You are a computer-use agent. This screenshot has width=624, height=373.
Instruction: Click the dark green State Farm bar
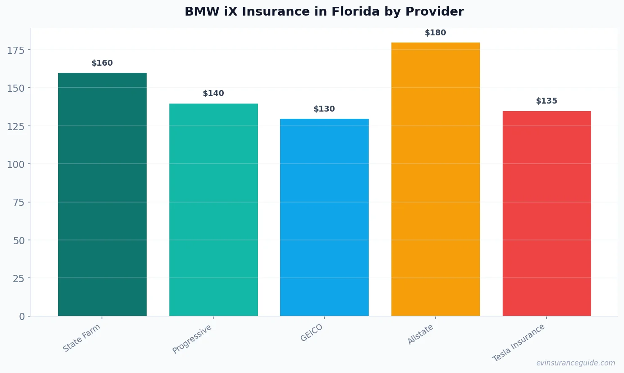click(102, 194)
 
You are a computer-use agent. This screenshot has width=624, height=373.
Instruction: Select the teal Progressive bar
click(213, 210)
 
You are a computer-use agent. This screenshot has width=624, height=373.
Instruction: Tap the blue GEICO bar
click(324, 217)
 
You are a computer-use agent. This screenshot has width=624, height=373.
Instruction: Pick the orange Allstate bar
click(435, 179)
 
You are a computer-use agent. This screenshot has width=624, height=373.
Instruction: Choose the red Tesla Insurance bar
click(546, 213)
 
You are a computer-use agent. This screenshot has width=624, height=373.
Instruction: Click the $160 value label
click(102, 63)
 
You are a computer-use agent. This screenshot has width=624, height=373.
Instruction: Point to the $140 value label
click(213, 93)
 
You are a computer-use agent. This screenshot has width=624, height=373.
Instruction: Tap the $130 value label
click(324, 109)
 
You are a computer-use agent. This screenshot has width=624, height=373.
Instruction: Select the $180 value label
click(435, 33)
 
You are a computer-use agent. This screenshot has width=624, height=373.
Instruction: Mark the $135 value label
click(546, 101)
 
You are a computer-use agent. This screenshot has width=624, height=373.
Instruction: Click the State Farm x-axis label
click(82, 338)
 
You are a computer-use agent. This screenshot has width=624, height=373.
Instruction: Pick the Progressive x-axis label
click(192, 339)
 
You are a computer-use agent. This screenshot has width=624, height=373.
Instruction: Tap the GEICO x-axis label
click(312, 333)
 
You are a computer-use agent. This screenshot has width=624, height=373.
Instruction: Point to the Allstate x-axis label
click(420, 335)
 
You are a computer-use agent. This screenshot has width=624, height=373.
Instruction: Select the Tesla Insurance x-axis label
click(519, 343)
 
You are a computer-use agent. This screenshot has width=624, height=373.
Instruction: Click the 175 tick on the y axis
click(16, 51)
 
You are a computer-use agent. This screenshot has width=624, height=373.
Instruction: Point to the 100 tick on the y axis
click(16, 164)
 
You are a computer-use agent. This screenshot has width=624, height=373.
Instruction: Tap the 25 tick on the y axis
click(19, 278)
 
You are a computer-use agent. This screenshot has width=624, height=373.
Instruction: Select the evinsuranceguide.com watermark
click(576, 363)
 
